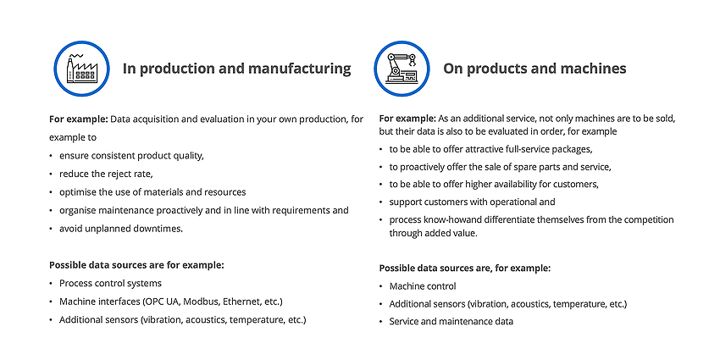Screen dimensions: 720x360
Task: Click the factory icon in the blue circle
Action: (81, 69)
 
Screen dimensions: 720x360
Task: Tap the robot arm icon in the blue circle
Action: (402, 69)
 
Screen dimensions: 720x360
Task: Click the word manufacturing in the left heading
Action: (299, 69)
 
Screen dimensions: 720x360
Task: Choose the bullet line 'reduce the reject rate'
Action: (106, 174)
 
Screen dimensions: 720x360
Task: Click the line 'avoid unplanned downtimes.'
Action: (121, 229)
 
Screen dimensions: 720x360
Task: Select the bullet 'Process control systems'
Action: (110, 283)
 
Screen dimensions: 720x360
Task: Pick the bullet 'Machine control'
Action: (423, 286)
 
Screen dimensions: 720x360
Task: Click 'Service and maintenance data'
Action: (451, 322)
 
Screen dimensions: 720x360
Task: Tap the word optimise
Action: (75, 192)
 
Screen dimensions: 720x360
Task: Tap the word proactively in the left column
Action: (179, 211)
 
